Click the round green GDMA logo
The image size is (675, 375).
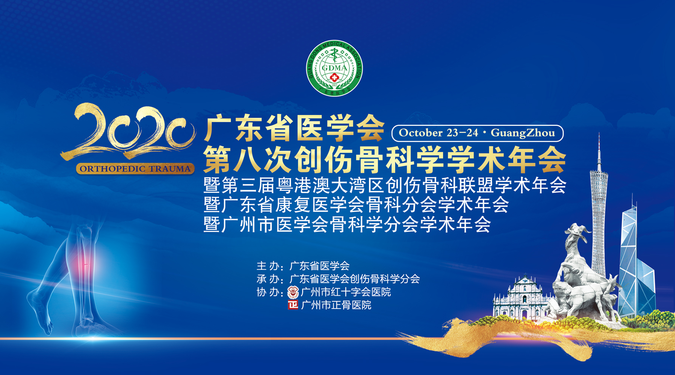coord(334,68)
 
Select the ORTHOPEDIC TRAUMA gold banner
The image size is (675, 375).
coord(135,169)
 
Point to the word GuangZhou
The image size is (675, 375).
coord(523,133)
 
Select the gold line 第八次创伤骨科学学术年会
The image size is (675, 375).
coord(385,159)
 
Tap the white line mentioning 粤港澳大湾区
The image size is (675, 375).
coord(385,185)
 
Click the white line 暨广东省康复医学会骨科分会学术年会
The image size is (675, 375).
coord(356,205)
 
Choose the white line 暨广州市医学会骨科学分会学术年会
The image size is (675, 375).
coord(347,224)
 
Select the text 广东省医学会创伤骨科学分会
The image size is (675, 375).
coord(355,279)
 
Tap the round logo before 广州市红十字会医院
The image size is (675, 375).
coord(293,292)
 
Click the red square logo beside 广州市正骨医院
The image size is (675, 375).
coord(293,305)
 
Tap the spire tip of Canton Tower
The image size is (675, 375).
coord(599,133)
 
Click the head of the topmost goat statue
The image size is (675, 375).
coord(576,229)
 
